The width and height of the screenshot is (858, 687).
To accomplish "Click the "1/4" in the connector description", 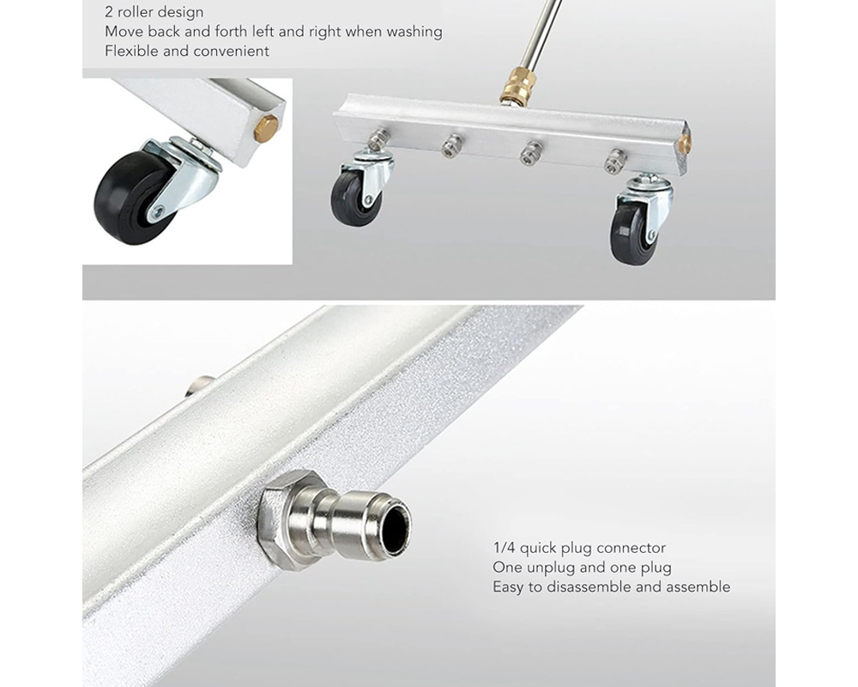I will click(504, 548).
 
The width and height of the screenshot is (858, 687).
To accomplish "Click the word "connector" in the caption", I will click(632, 548).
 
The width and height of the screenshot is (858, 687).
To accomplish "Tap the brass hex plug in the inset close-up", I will click(266, 129).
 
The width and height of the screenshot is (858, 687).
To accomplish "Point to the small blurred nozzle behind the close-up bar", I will click(200, 383).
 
